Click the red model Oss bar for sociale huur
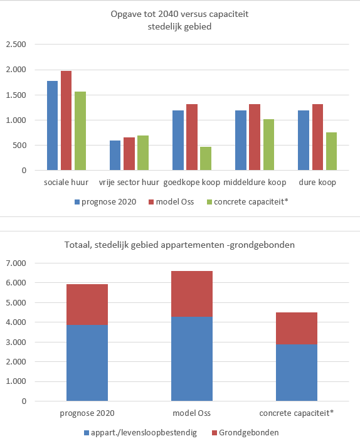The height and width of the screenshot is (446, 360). click(66, 120)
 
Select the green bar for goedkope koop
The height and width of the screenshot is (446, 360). click(206, 159)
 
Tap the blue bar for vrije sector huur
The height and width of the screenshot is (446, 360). click(115, 156)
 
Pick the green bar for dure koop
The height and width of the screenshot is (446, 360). click(331, 151)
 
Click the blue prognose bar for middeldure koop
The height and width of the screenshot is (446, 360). click(241, 141)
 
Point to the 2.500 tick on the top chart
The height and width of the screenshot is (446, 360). click(16, 45)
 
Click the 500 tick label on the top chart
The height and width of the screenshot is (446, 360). click(20, 146)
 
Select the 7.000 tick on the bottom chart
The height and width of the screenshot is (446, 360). click(16, 263)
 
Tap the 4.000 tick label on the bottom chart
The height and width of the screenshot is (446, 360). click(16, 322)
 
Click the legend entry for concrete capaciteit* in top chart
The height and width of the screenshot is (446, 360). click(247, 201)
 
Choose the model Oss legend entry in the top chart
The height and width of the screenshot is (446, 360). click(171, 201)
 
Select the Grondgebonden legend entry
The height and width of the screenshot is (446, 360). click(245, 433)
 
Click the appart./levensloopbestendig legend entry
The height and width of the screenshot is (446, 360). click(140, 433)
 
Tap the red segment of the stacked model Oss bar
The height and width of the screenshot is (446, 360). click(192, 294)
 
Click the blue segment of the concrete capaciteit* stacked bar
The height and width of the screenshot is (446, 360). click(297, 373)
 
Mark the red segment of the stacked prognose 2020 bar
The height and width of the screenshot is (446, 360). click(87, 304)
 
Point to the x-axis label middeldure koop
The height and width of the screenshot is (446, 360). click(255, 182)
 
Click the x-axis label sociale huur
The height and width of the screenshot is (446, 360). click(66, 182)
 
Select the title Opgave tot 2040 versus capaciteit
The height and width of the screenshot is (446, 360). click(179, 14)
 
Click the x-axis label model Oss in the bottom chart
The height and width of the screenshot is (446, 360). click(192, 413)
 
